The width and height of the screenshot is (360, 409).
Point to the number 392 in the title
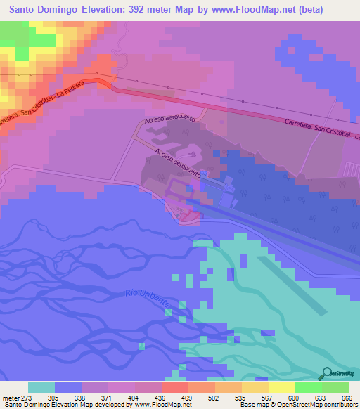[143, 9]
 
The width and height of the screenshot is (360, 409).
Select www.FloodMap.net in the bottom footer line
[154, 405]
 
